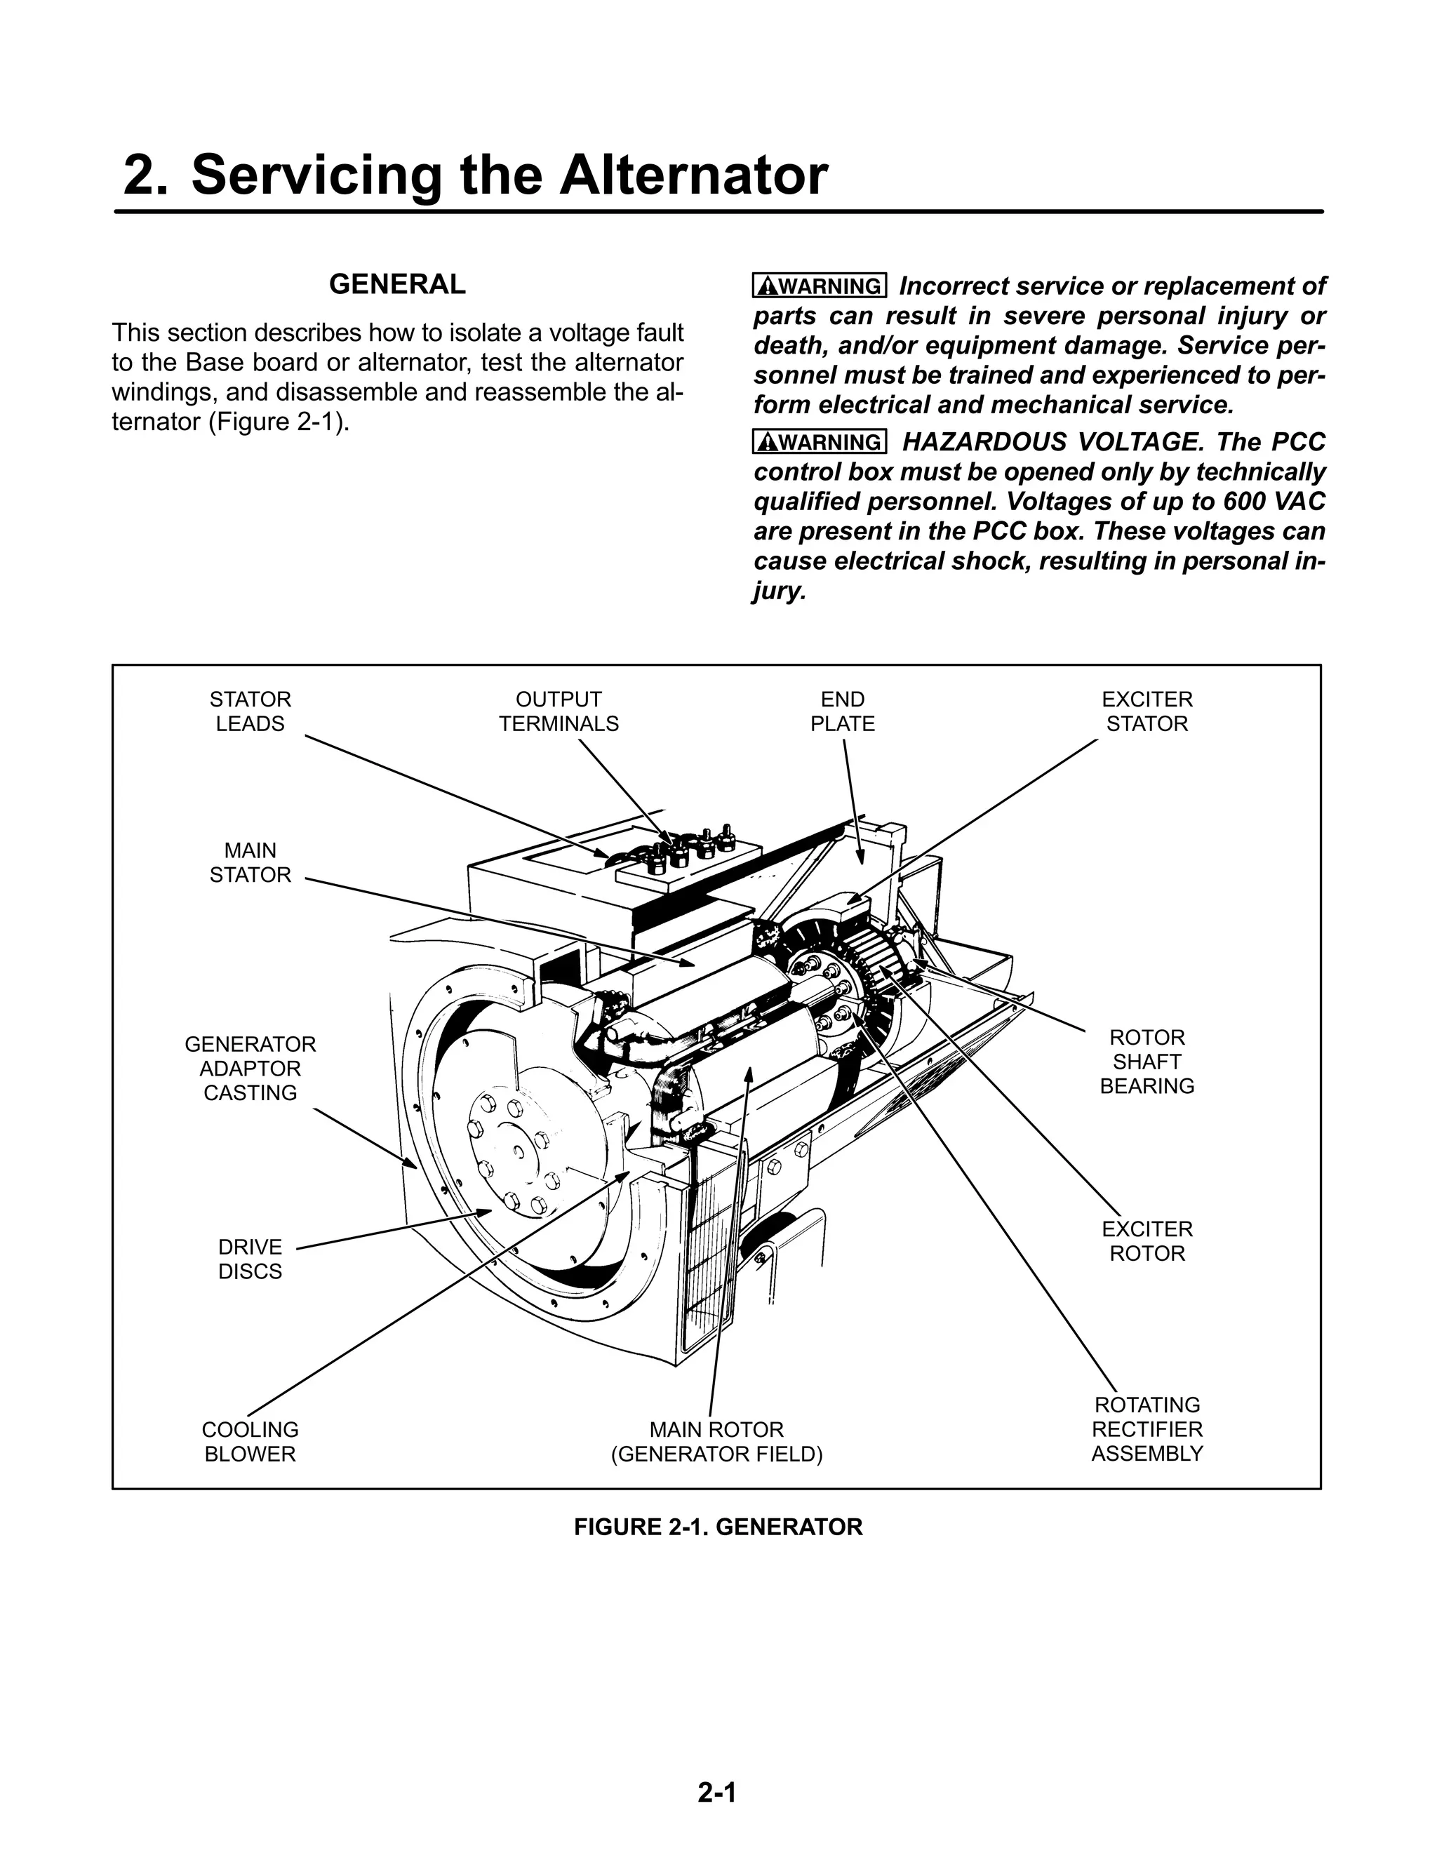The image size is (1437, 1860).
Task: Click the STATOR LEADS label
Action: click(250, 711)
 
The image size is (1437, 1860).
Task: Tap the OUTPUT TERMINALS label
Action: click(558, 711)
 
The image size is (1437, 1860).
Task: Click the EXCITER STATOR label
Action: click(1147, 711)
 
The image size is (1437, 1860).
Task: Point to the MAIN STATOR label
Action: click(250, 863)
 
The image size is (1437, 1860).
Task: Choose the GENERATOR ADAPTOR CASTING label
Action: click(250, 1068)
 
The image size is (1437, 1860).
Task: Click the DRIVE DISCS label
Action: click(250, 1259)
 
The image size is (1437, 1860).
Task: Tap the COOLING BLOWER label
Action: click(250, 1441)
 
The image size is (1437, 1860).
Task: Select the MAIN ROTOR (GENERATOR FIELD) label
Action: click(716, 1441)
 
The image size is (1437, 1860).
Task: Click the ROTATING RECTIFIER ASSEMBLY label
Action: click(1147, 1429)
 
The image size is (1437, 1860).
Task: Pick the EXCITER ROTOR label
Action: click(1147, 1241)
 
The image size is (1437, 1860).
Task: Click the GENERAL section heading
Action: click(397, 284)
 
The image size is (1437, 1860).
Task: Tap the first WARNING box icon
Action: click(820, 286)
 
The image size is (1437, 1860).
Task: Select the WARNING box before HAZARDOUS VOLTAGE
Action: click(820, 442)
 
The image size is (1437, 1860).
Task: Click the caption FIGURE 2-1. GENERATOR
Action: click(718, 1527)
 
